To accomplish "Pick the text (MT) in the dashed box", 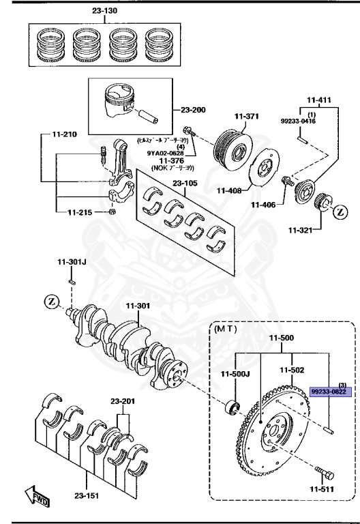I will click(225, 328).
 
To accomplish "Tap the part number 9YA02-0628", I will click(166, 153).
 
